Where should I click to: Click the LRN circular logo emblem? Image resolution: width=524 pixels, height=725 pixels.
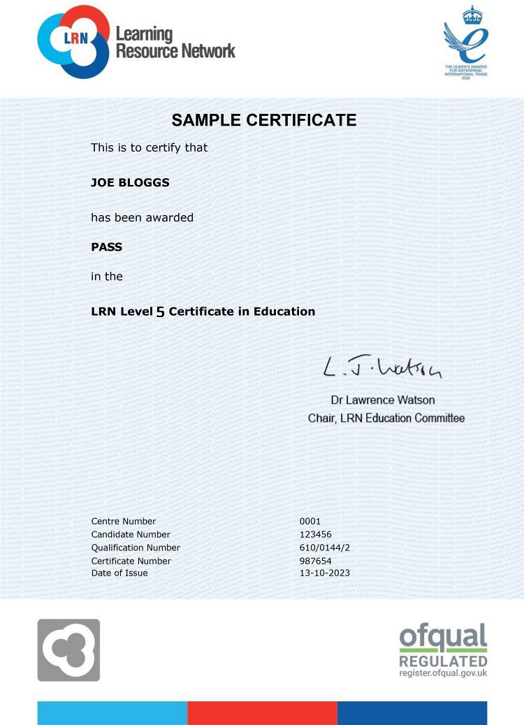[x=73, y=41]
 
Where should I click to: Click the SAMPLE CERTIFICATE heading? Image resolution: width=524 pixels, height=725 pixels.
[x=263, y=120]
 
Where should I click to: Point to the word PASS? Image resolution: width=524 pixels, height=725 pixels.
[x=106, y=247]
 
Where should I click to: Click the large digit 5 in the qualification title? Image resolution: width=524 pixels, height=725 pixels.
[x=160, y=312]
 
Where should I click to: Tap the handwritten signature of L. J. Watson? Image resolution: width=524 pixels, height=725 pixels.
[x=381, y=368]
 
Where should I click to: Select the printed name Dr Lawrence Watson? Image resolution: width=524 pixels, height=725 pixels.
[x=382, y=400]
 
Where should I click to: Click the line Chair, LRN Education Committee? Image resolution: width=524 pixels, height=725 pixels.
[x=386, y=418]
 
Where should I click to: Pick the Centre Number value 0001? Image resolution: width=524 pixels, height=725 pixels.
[x=310, y=521]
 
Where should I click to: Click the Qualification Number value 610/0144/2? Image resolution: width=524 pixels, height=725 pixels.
[x=324, y=548]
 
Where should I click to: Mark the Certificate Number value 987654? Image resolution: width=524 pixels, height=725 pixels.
[x=314, y=561]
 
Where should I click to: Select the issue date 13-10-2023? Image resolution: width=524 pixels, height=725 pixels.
[x=324, y=573]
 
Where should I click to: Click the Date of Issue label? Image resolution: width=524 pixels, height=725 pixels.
[x=119, y=573]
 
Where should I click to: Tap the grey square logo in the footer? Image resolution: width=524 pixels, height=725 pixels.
[x=68, y=650]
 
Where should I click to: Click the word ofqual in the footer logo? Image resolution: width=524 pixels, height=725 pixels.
[x=443, y=636]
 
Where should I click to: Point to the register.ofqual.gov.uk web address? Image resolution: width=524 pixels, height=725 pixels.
[x=443, y=673]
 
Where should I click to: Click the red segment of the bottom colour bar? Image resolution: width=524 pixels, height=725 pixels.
[x=262, y=713]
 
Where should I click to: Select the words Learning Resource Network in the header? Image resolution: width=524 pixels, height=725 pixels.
[x=175, y=42]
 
